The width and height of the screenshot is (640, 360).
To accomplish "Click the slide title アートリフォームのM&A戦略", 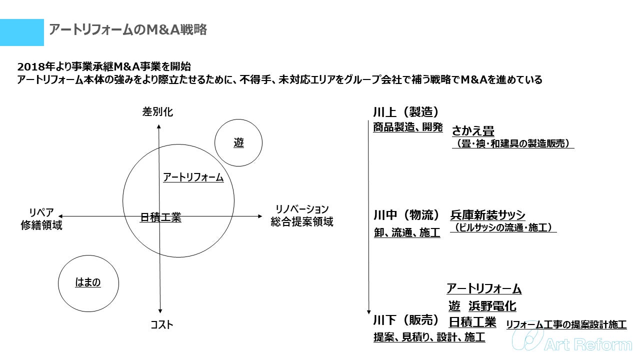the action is point(127,30).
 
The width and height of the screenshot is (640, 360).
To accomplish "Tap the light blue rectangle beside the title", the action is point(21,32).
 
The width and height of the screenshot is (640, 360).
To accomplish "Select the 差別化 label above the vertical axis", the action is point(157,112).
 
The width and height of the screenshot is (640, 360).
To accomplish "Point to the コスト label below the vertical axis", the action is point(162,325).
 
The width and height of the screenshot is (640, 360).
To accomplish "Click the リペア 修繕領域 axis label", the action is point(41,218).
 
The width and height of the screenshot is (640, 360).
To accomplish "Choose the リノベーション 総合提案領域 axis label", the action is point(302,215).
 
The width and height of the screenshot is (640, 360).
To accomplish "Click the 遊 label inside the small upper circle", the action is point(238,143).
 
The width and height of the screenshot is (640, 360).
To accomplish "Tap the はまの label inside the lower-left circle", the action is point(88,282).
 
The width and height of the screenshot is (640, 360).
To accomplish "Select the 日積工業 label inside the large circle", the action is point(160,217).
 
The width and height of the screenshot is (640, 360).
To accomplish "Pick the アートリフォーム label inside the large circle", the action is point(193,177).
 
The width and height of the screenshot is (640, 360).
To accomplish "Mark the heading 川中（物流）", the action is point(406,215).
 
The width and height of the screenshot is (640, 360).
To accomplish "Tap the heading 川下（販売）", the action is point(406,320).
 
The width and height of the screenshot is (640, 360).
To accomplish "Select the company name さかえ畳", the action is point(473,131).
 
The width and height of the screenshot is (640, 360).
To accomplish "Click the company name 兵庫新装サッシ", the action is point(487,215).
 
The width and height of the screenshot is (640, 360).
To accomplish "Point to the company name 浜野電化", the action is point(492,305).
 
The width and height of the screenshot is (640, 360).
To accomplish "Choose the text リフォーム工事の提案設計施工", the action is point(566,324).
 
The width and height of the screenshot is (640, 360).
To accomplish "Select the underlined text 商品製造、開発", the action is point(408,127).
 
